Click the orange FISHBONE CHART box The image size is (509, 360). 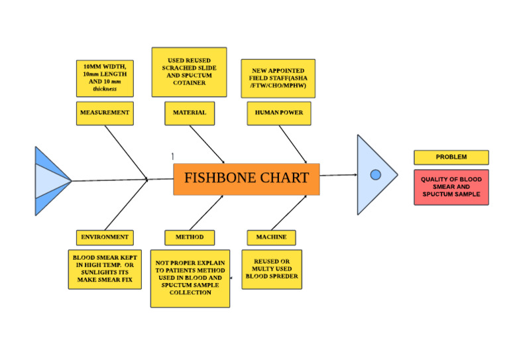pos(246,178)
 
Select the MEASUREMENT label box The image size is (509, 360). pos(104,113)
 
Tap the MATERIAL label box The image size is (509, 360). pos(190,113)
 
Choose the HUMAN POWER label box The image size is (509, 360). pos(279,113)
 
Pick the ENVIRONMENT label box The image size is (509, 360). pos(105,237)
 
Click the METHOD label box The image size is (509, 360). pos(190,237)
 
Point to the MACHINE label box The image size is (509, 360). pos(272,237)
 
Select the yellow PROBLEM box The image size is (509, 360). pos(451,157)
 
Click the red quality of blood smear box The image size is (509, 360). pos(451,187)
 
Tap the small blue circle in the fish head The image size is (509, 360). pos(375,175)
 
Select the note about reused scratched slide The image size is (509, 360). pos(189,72)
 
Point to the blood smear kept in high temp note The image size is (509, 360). pos(105,269)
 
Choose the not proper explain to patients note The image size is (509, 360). pos(190,278)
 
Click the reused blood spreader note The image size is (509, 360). pos(272,269)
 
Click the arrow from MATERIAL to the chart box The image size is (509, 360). pos(207,144)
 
